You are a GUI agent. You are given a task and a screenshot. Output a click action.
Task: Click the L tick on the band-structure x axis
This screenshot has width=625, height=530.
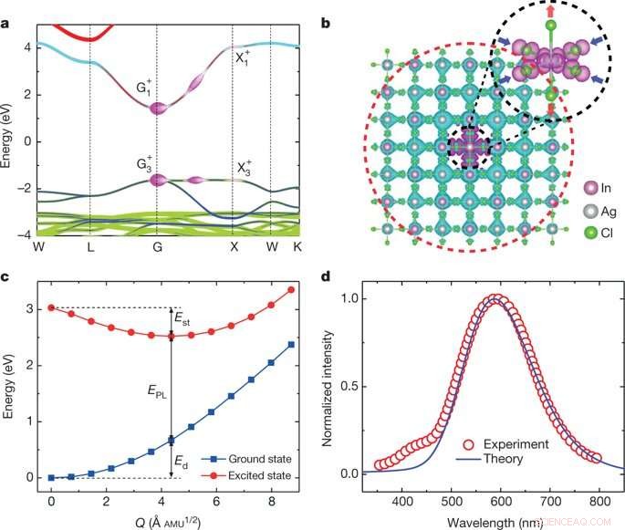pos(89,247)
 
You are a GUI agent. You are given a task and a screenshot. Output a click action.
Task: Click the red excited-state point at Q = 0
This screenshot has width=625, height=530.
pos(51,307)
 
